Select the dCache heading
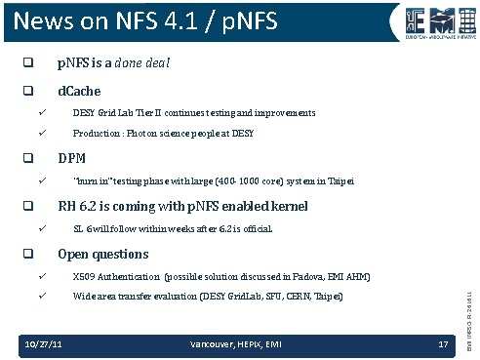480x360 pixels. click(79, 91)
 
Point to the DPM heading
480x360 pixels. click(73, 157)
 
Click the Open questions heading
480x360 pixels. click(102, 254)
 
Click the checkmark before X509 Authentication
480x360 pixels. click(42, 276)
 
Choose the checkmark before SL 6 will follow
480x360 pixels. click(42, 229)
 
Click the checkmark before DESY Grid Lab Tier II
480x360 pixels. click(42, 113)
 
